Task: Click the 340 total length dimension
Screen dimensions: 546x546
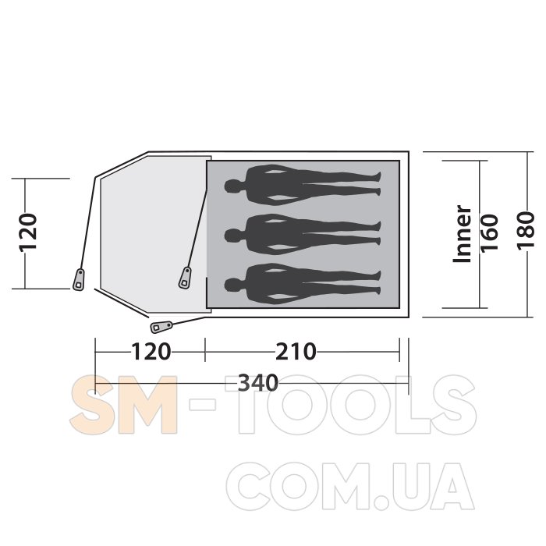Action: pos(258,384)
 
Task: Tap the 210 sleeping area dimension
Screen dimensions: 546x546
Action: pos(296,352)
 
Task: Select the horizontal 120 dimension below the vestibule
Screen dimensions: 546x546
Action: pos(151,352)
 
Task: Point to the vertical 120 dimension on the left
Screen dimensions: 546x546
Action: pos(28,232)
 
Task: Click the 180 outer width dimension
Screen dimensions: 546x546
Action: pos(526,231)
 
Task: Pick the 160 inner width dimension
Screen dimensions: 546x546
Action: pos(489,233)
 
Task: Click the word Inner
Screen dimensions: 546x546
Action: pos(462,234)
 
